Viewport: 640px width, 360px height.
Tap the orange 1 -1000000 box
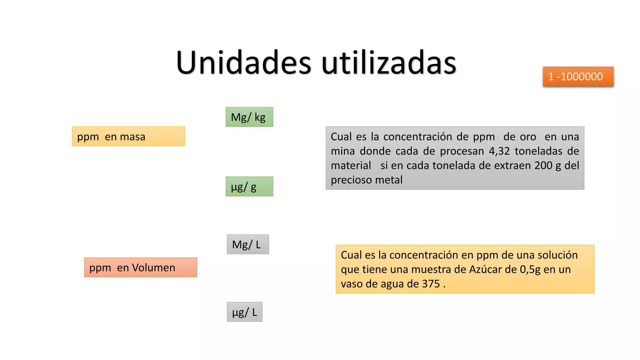[578, 77]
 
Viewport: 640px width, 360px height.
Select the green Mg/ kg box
[249, 117]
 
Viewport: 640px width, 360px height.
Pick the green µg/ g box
[249, 187]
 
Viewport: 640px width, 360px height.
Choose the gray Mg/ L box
[248, 244]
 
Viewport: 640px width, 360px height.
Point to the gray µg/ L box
[245, 312]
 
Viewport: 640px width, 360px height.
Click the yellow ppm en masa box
[128, 137]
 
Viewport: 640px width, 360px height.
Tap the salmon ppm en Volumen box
[141, 267]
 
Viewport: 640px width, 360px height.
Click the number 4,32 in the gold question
[499, 151]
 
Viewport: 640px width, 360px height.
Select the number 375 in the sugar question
[431, 284]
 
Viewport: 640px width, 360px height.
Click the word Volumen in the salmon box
[153, 267]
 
